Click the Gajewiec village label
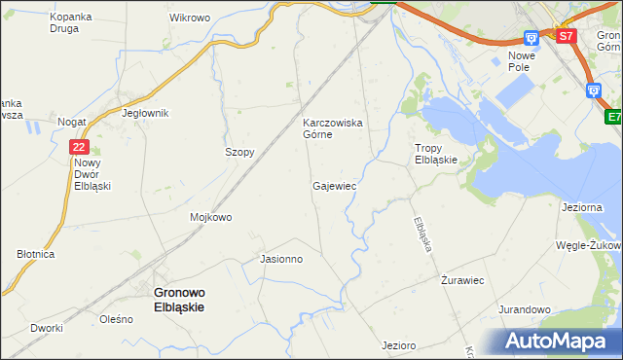coord(334,185)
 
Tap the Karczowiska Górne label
coord(332,128)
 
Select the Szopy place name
coord(239,153)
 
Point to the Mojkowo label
coord(211,217)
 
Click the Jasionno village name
coord(281,259)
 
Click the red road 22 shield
coord(80,146)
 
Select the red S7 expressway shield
coord(567,36)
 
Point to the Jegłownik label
coord(145,113)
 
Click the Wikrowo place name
coord(190,18)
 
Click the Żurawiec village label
coord(462,280)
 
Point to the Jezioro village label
coord(399,345)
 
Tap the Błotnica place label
coord(36,253)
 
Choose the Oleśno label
coord(116,319)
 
